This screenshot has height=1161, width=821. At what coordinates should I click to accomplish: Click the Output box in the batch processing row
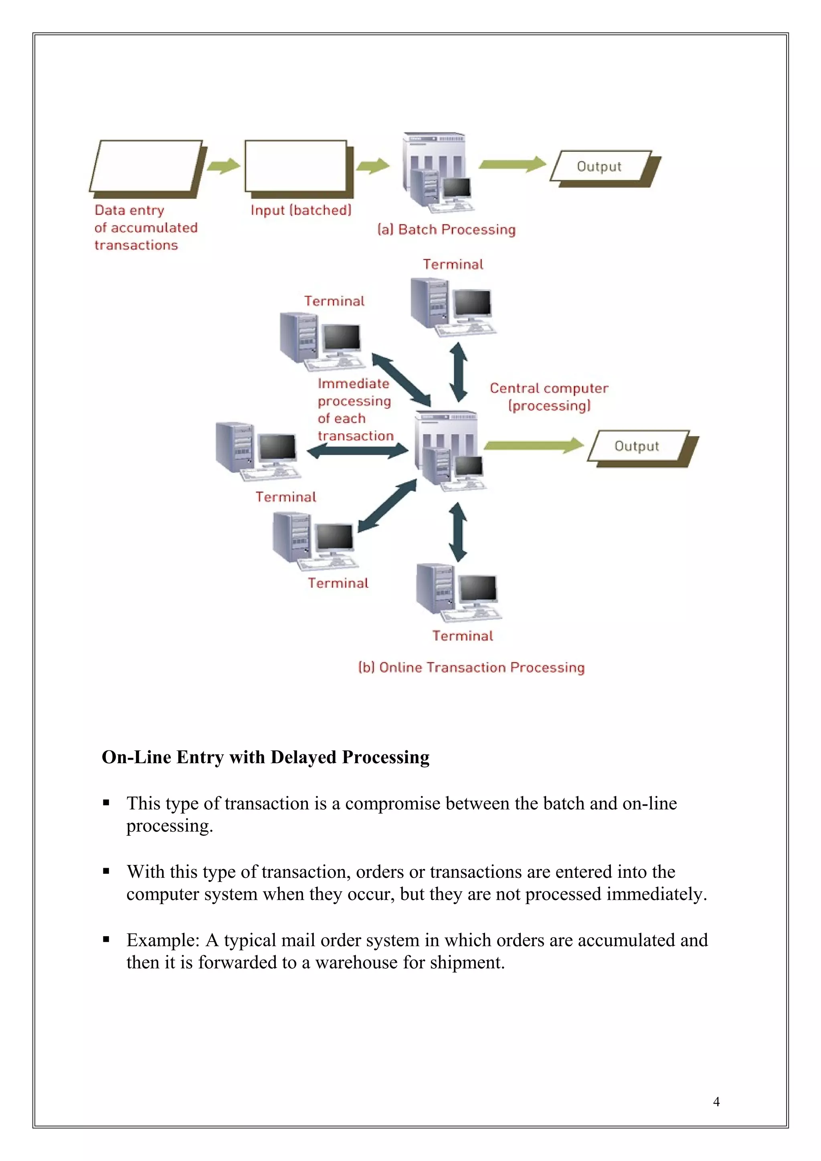point(599,166)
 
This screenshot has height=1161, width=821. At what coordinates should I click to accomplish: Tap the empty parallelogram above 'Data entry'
point(146,166)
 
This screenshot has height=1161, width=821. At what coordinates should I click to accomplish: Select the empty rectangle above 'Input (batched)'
point(295,166)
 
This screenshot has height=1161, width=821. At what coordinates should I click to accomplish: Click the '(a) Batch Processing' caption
point(446,230)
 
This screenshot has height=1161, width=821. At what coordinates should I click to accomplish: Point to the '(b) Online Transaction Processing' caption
point(471,667)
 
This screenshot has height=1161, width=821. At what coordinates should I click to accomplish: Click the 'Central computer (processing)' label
point(549,397)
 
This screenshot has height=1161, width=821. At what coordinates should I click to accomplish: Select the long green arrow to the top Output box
point(512,164)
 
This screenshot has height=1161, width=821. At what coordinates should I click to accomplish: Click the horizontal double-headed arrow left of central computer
point(357,451)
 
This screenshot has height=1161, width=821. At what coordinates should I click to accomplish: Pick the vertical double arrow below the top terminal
point(458,372)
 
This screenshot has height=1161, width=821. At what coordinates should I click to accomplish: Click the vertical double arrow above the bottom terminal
point(458,532)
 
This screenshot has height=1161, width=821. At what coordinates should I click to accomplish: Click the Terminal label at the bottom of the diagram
point(462,636)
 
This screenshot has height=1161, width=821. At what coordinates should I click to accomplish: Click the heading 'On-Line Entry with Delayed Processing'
point(265,757)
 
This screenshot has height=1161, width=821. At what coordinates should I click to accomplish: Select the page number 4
point(716,1101)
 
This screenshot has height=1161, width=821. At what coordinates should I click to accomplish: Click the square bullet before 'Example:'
point(106,939)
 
